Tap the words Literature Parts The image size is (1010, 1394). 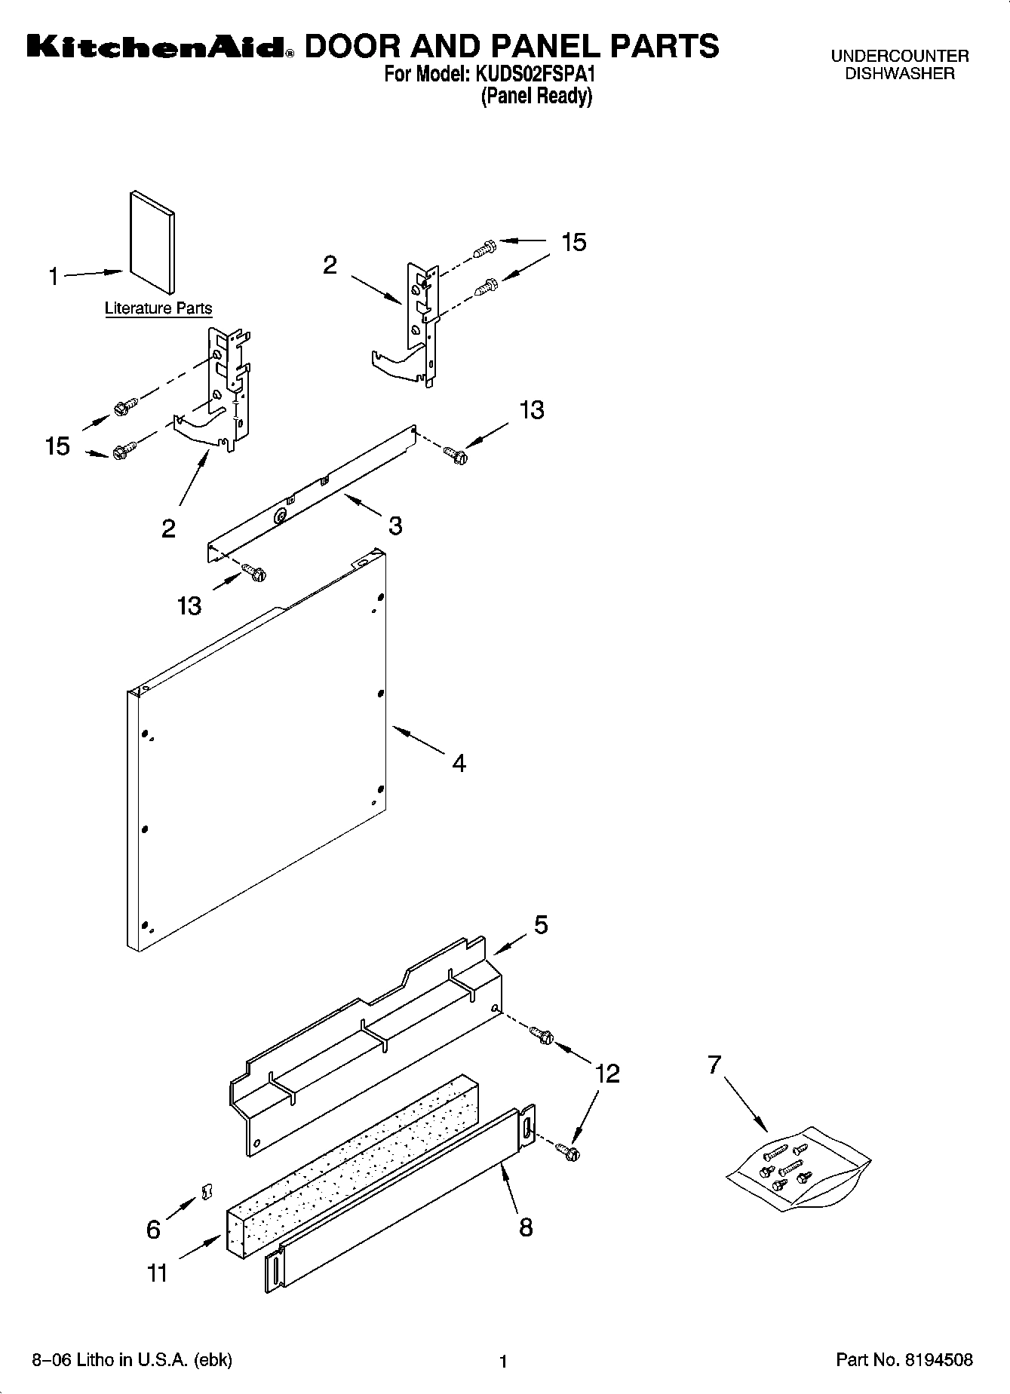pyautogui.click(x=158, y=308)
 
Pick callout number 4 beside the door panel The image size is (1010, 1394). pyautogui.click(x=459, y=763)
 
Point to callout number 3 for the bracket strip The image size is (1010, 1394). pyautogui.click(x=395, y=525)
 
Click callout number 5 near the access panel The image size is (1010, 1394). pyautogui.click(x=541, y=925)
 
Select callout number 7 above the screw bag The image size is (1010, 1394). pyautogui.click(x=714, y=1065)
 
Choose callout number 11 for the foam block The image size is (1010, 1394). pyautogui.click(x=158, y=1273)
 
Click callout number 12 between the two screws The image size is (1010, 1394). pyautogui.click(x=607, y=1073)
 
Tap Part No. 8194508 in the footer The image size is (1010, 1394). pyautogui.click(x=904, y=1361)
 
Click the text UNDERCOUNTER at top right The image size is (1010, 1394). pyautogui.click(x=899, y=57)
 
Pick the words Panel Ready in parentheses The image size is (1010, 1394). pyautogui.click(x=536, y=97)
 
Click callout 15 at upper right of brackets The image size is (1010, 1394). pyautogui.click(x=573, y=242)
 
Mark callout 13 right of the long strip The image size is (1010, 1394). pyautogui.click(x=531, y=410)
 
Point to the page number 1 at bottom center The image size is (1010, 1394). pyautogui.click(x=504, y=1362)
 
